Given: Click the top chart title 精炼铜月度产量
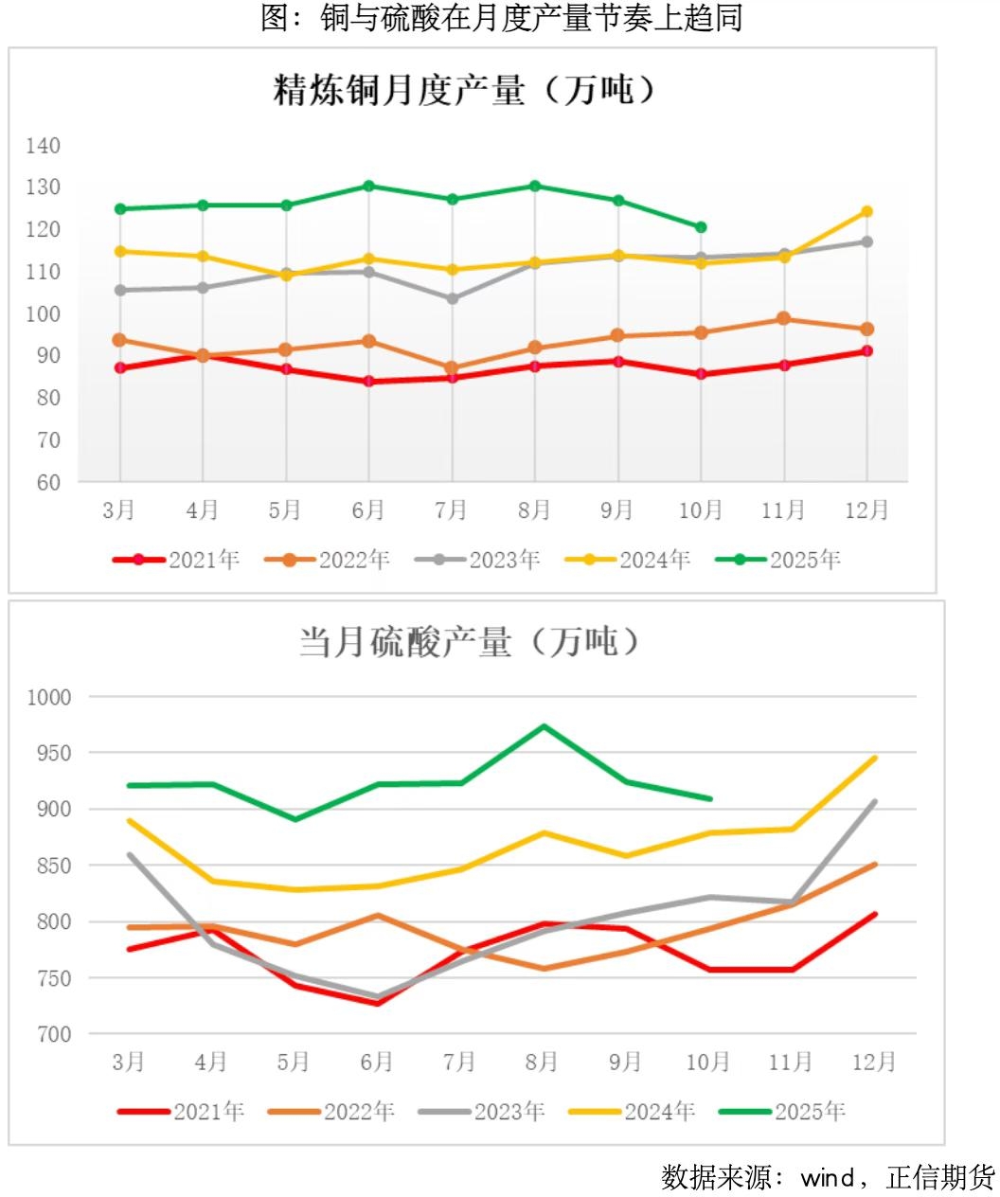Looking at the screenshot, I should click(x=464, y=92).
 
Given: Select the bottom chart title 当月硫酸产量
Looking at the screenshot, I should click(x=470, y=642).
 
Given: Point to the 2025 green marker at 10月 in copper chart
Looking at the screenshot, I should click(x=701, y=227).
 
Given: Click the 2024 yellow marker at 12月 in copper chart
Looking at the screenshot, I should click(x=866, y=212).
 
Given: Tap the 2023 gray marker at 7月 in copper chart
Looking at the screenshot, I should click(x=452, y=298).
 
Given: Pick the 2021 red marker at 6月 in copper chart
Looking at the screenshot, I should click(x=369, y=382).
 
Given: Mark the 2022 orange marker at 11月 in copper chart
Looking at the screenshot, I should click(x=783, y=319).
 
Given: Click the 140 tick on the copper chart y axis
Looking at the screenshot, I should click(x=44, y=146).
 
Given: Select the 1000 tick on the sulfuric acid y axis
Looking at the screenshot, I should click(x=49, y=697).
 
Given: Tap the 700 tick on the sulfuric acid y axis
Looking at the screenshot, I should click(x=54, y=1034).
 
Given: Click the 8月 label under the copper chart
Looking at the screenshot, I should click(x=534, y=510).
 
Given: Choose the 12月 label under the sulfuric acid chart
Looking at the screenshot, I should click(x=873, y=1063).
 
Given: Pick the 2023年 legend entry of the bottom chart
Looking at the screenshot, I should click(x=483, y=1111).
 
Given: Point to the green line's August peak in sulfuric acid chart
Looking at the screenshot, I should click(x=543, y=726).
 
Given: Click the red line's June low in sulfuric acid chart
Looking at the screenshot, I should click(x=377, y=1003).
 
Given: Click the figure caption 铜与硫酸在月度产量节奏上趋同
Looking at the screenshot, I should click(x=501, y=18).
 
